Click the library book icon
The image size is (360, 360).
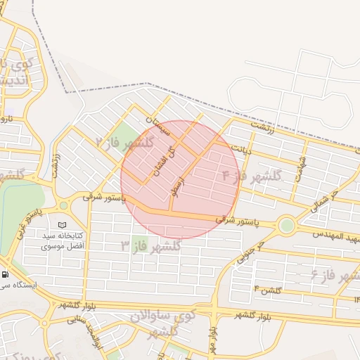63,224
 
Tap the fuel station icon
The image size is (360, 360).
6,274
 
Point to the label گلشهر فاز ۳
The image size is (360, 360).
150,245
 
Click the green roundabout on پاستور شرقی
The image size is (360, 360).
286,226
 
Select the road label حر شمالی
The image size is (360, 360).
325,200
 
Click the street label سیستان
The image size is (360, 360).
158,127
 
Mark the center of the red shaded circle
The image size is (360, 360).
180,179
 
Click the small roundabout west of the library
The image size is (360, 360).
63,205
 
